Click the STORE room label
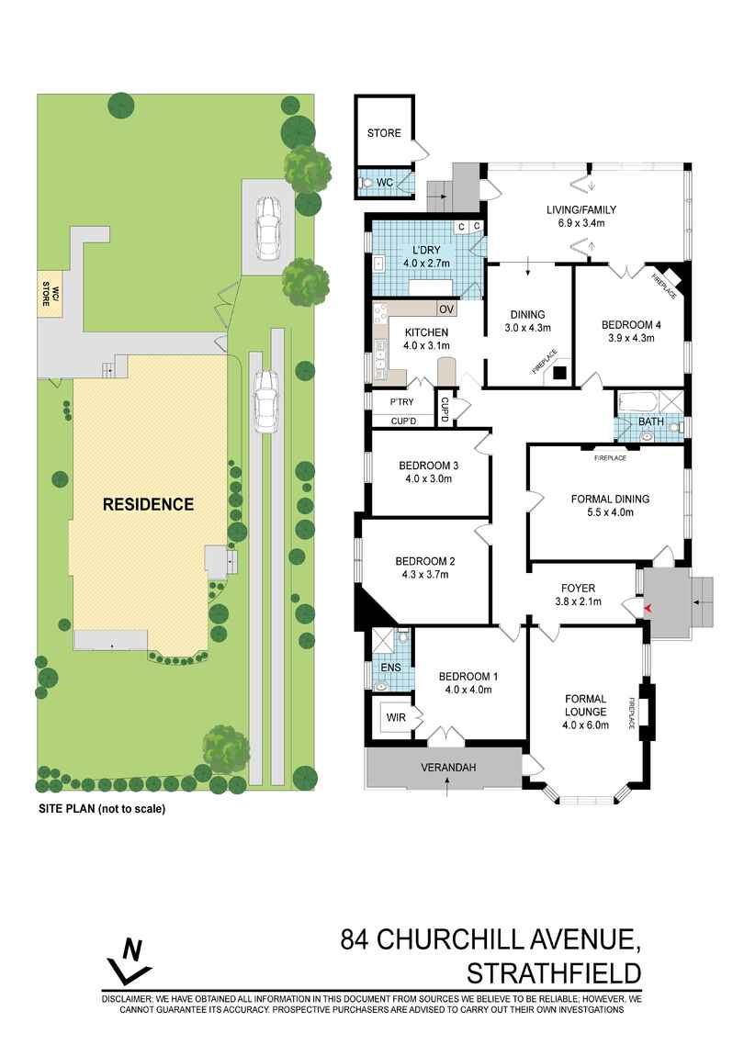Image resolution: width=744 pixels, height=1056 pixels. point(384,133)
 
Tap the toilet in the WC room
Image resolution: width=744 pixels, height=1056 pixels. point(368,184)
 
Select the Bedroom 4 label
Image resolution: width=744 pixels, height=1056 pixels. point(631,325)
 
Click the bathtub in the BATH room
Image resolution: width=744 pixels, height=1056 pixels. point(637,401)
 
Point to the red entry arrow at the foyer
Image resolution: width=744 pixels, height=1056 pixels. point(649,609)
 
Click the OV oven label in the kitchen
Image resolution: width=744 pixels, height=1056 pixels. point(446,309)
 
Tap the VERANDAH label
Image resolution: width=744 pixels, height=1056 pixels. point(447,767)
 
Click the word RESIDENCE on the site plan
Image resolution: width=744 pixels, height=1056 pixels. point(148,504)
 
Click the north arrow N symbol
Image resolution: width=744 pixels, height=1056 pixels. point(130,959)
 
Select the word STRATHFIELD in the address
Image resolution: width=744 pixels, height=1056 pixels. point(554,972)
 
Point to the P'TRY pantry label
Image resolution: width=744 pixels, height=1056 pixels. point(400,402)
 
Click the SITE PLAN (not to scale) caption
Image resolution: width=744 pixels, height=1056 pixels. point(101,810)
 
